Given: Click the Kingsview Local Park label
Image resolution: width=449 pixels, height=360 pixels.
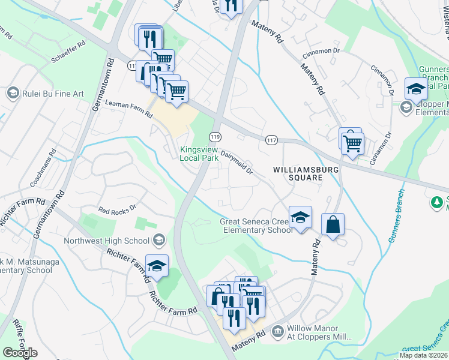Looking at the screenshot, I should (200, 153).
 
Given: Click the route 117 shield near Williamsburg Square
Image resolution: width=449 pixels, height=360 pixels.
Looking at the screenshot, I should (271, 140).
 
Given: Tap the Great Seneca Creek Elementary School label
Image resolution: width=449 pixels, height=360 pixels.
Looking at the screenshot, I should (256, 226).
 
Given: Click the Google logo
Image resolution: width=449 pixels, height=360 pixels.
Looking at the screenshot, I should (20, 353).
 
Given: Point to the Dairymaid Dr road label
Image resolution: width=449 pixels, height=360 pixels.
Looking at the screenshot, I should (237, 162).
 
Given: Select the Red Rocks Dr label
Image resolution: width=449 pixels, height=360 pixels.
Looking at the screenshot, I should (118, 211).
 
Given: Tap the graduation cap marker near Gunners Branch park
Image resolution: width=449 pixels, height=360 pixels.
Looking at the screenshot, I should (415, 89).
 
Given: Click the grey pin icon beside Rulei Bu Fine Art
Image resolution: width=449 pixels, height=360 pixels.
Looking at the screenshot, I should (13, 94).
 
